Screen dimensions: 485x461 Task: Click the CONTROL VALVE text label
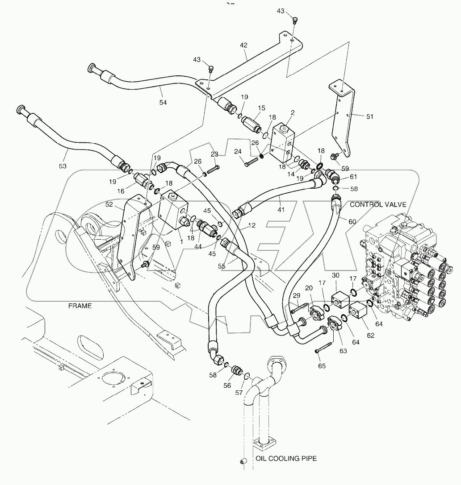point(378,204)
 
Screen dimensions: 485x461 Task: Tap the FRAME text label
point(80,306)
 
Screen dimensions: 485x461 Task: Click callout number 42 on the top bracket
point(243,45)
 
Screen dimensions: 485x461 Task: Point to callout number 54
point(163,103)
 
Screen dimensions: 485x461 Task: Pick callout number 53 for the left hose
point(62,166)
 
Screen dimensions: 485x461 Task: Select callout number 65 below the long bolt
point(322,366)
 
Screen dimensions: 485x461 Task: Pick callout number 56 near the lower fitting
point(227,386)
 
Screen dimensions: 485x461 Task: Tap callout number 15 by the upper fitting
point(261,108)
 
